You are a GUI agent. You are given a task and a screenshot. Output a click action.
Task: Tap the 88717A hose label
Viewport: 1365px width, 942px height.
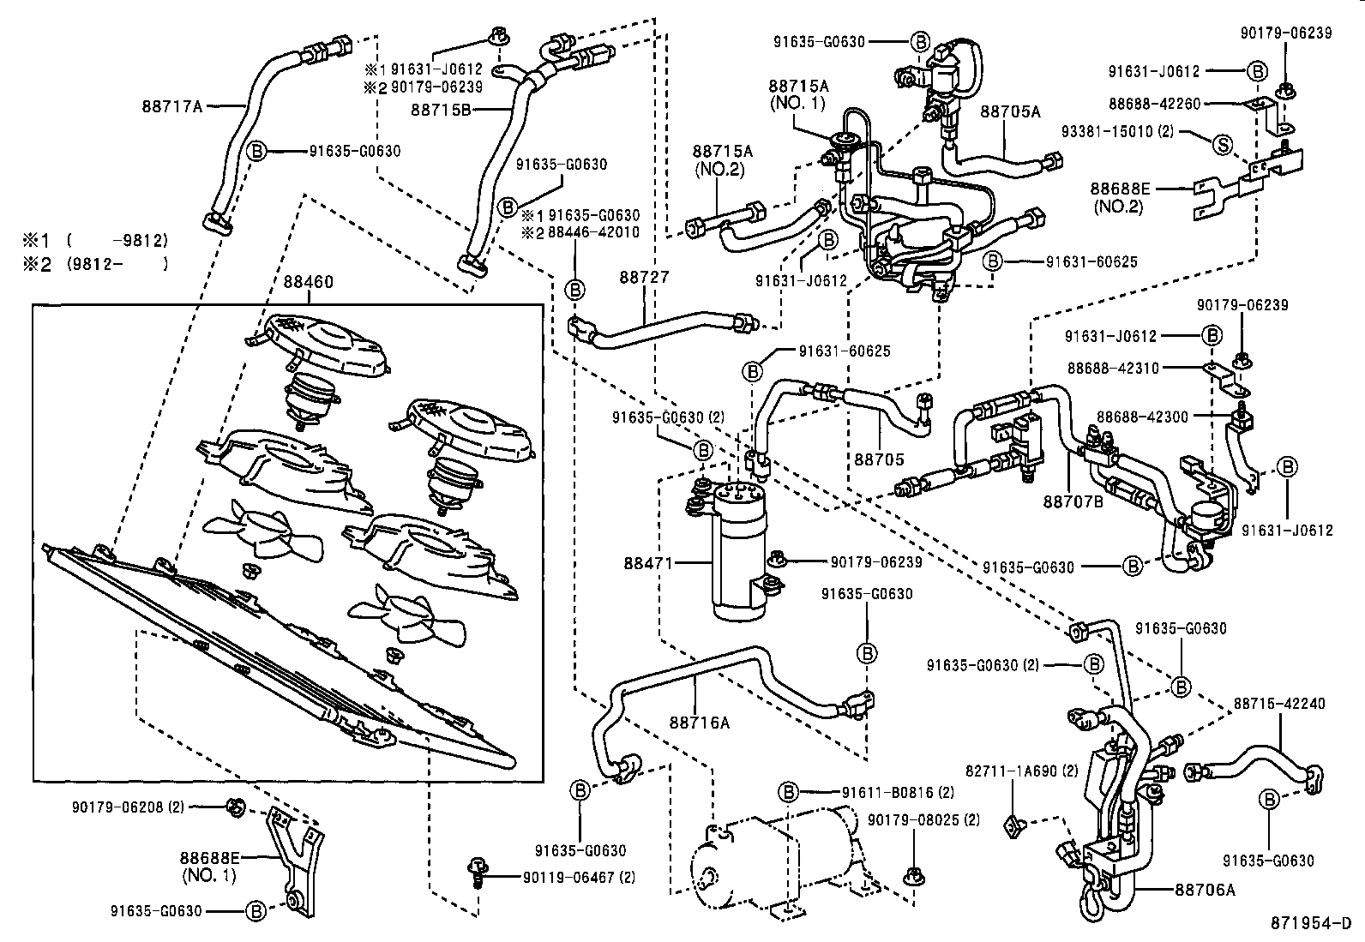point(171,107)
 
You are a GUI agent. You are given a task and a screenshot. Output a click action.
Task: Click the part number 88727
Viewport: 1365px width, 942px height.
point(644,278)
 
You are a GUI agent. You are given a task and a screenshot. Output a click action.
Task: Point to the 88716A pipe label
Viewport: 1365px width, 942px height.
point(700,723)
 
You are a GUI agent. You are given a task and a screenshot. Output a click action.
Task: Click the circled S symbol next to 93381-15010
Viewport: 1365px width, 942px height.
point(1222,145)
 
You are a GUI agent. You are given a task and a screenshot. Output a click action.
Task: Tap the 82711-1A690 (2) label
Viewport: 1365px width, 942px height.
point(1022,770)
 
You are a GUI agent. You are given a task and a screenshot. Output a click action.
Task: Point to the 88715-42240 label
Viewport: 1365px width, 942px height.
point(1279,704)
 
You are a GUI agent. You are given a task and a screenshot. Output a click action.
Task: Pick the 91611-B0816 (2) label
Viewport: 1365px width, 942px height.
point(886,791)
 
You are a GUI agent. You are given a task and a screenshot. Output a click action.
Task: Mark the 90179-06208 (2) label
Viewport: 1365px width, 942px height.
point(128,806)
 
